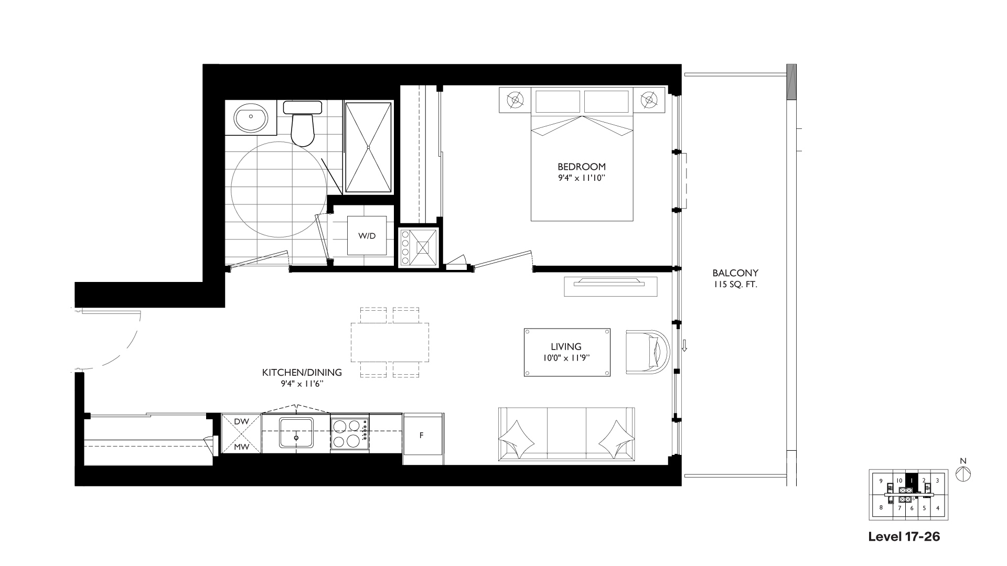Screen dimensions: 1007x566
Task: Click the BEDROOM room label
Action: [581, 167]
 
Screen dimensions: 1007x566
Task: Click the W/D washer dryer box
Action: [367, 236]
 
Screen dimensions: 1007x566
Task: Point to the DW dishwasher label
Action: [241, 421]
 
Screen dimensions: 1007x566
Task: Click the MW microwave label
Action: [241, 447]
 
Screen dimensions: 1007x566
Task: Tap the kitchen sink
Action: [296, 433]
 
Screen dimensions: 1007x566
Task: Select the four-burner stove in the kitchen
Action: [350, 433]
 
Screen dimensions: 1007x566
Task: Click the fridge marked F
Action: [423, 438]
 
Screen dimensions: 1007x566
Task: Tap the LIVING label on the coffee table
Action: [566, 346]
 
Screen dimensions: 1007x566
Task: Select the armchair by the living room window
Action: [648, 352]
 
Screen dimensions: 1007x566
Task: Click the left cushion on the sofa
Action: [517, 439]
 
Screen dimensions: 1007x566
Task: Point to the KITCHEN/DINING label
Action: [302, 373]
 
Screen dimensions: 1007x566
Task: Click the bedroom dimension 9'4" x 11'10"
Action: [581, 178]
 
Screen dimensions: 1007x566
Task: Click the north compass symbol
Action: [963, 474]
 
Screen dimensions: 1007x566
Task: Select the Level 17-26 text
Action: [904, 537]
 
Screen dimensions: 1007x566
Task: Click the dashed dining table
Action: [390, 342]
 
